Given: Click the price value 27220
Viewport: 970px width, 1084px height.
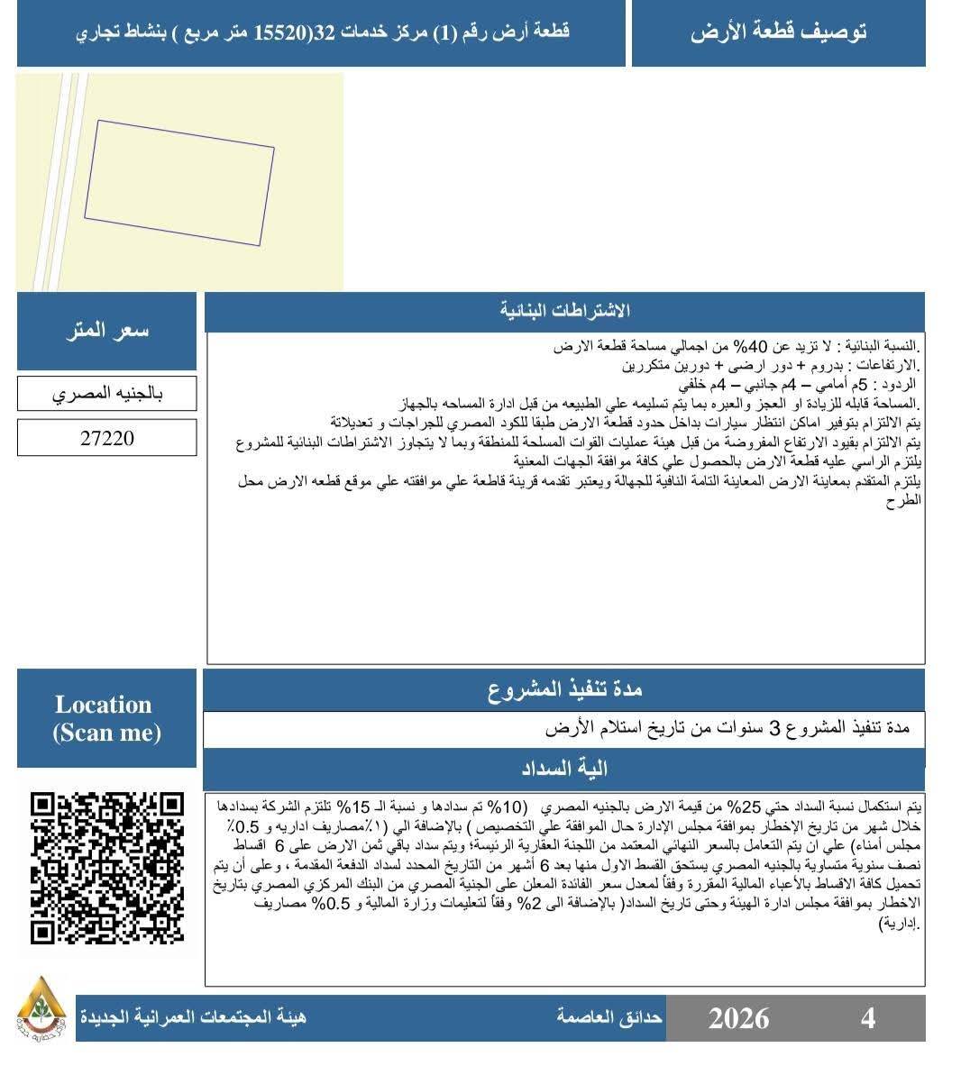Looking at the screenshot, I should pyautogui.click(x=106, y=439).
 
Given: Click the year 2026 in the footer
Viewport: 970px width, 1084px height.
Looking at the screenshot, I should pyautogui.click(x=738, y=1018).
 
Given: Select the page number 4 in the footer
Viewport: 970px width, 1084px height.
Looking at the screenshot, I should pyautogui.click(x=868, y=1018).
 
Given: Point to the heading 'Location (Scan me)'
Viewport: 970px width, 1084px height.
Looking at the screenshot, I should pyautogui.click(x=106, y=718).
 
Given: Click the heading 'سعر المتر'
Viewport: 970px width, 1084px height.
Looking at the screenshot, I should pyautogui.click(x=106, y=331).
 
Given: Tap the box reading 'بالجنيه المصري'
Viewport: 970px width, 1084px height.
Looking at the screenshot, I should pyautogui.click(x=106, y=394).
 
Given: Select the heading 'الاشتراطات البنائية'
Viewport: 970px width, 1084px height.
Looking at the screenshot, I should pyautogui.click(x=564, y=312).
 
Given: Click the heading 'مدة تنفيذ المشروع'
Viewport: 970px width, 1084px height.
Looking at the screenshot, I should pyautogui.click(x=564, y=690).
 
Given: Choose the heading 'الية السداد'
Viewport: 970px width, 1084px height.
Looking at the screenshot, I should pyautogui.click(x=564, y=769).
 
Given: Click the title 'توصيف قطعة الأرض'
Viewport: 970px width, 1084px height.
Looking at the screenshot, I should pyautogui.click(x=778, y=32).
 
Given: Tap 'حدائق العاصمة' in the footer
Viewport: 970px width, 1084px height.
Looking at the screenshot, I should pyautogui.click(x=609, y=1017).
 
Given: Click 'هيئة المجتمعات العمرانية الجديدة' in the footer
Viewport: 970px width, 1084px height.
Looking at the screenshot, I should pyautogui.click(x=192, y=1017).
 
